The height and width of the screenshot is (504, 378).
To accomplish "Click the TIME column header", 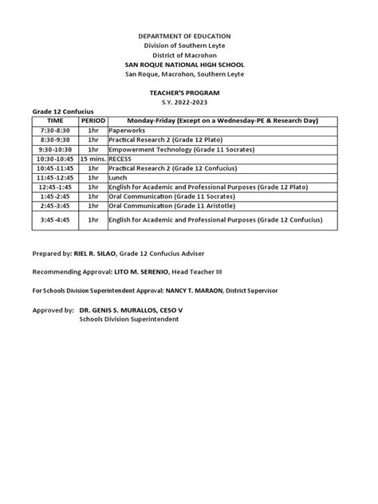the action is (x=55, y=120).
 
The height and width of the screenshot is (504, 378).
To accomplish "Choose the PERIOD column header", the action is (x=93, y=120).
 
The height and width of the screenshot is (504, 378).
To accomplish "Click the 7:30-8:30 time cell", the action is (x=55, y=130).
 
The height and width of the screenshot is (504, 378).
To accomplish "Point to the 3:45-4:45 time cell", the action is (x=55, y=219).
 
